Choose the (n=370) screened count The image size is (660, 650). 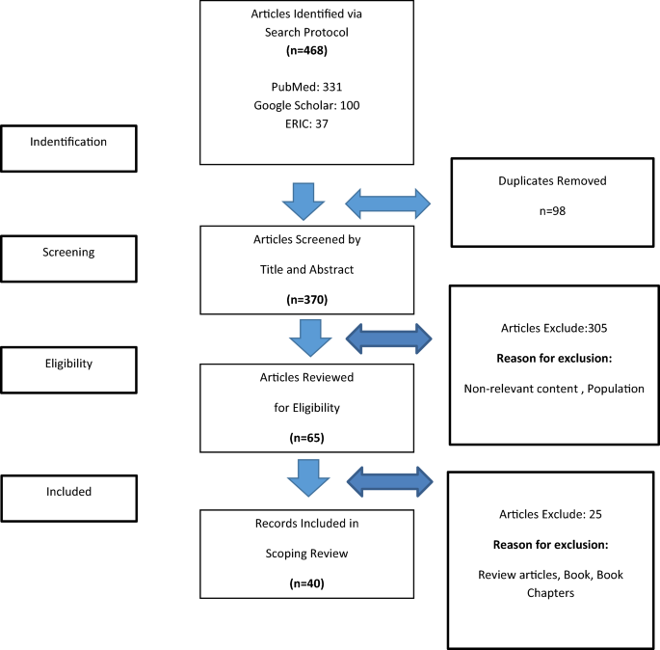(x=306, y=299)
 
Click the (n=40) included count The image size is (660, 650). (x=306, y=584)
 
